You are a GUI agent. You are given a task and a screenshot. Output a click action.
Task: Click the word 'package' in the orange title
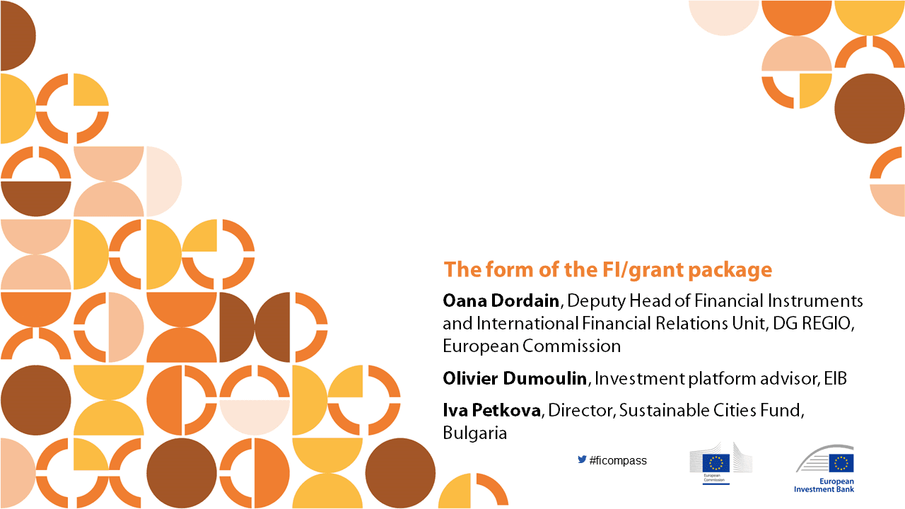click(x=730, y=271)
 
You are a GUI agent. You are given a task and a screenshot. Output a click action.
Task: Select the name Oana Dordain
click(x=501, y=301)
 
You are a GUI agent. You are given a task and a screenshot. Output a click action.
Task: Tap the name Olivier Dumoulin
click(x=515, y=378)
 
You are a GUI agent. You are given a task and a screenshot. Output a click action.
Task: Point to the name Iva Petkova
click(x=491, y=411)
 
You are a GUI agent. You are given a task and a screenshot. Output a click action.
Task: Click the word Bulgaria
click(x=474, y=433)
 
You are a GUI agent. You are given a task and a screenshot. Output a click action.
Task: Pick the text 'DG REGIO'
click(x=812, y=324)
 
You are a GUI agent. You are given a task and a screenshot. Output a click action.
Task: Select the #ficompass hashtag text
click(x=618, y=460)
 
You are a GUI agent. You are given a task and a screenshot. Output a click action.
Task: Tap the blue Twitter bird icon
click(x=582, y=460)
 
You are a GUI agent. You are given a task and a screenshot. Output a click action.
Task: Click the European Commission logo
click(x=720, y=463)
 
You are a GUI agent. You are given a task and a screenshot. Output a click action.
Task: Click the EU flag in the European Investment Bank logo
click(x=841, y=463)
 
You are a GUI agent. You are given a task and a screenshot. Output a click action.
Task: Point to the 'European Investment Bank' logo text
click(x=824, y=485)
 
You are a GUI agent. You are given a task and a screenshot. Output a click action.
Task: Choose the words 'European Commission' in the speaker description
click(x=532, y=346)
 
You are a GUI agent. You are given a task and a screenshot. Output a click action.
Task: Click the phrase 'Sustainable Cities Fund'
click(x=710, y=411)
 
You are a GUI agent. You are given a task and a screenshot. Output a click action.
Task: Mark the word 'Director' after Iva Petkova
click(x=581, y=411)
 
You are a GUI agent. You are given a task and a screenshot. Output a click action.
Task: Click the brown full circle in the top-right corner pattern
click(x=870, y=108)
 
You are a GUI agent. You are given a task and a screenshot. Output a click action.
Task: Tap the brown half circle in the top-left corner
click(x=18, y=35)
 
